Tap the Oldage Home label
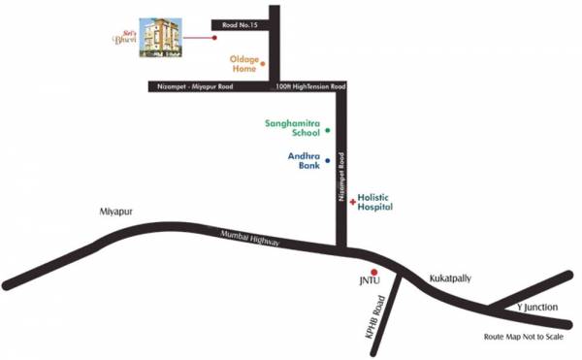coord(243,64)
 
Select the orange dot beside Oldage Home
coord(262,64)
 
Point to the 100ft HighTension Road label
coord(309,88)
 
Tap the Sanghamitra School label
coord(292,129)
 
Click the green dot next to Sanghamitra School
coord(328,130)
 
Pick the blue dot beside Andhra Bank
coord(328,160)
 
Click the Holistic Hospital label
coord(374,201)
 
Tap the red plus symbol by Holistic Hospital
coord(353,201)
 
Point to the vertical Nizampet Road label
coord(341,180)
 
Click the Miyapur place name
coord(114,211)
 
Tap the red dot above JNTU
coord(373,273)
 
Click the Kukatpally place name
coord(449,278)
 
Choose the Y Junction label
coord(533,308)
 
